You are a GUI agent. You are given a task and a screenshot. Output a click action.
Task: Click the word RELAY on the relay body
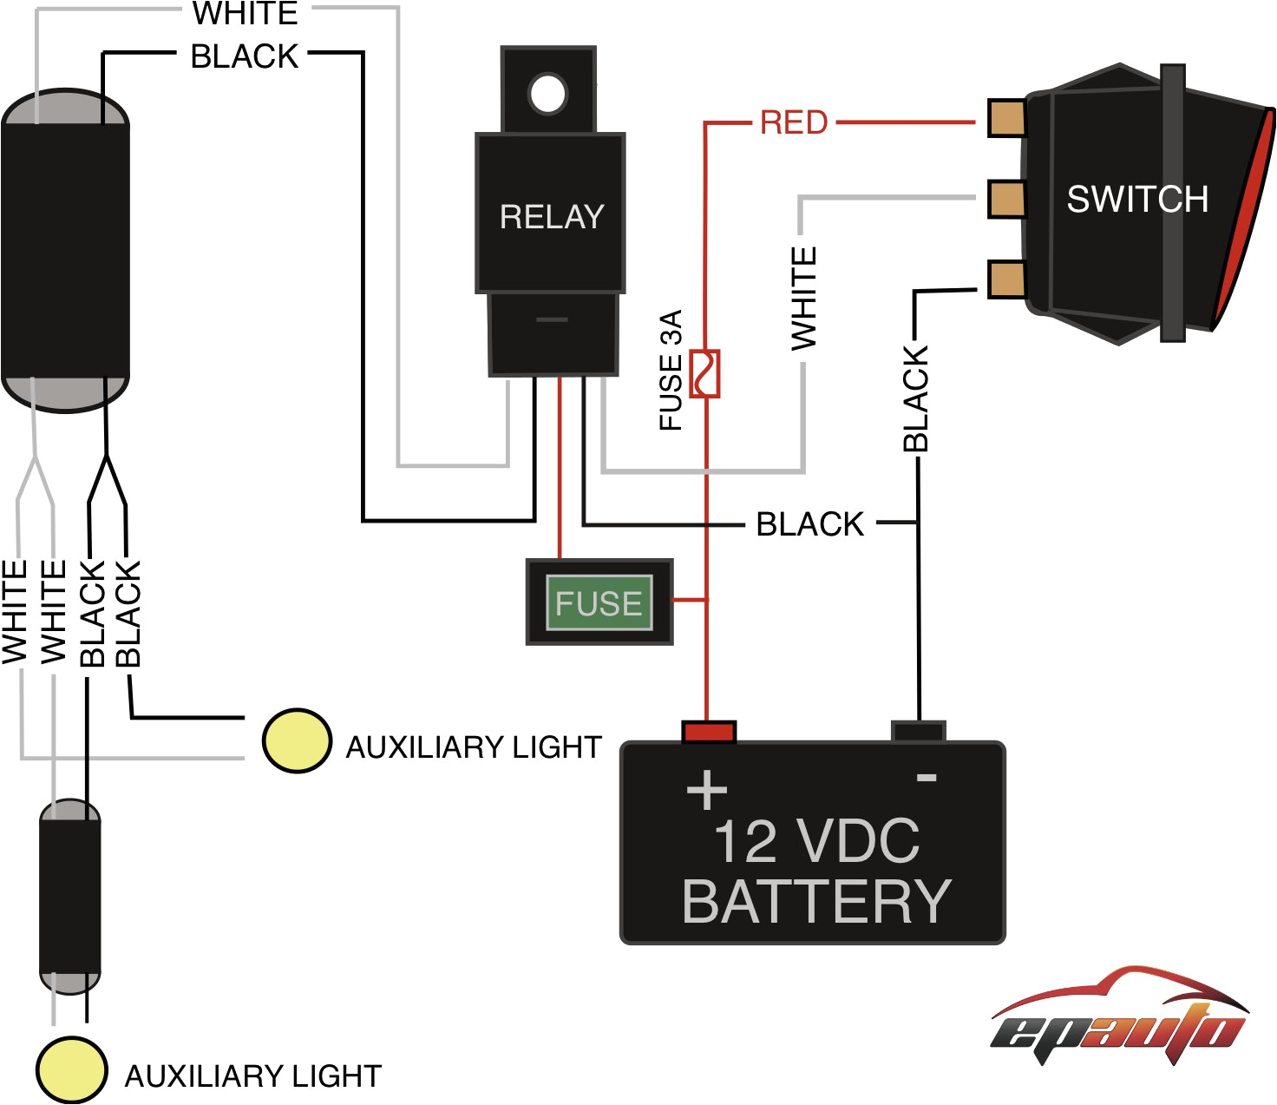[x=552, y=217]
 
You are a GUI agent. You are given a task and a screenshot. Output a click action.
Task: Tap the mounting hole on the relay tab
[x=548, y=95]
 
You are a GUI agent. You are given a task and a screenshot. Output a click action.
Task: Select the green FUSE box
[x=599, y=602]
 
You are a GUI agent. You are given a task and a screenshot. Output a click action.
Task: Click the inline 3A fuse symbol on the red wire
[x=705, y=373]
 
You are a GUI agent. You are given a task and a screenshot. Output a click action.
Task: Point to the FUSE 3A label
[x=671, y=370]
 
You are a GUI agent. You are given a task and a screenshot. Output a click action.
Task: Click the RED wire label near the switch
[x=794, y=122]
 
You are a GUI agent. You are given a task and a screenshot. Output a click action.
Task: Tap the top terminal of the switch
[x=1006, y=117]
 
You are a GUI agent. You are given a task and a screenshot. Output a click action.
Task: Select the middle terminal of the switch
[x=1006, y=199]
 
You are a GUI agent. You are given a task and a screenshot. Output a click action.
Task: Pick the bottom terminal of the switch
[x=1006, y=280]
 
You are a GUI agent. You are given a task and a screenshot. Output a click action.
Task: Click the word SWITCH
[x=1137, y=199]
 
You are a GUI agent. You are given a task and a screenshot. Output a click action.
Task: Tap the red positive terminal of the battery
[x=710, y=733]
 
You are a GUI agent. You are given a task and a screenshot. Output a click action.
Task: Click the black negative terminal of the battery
[x=919, y=732]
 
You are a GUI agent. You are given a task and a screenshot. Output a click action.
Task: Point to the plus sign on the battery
[x=707, y=789]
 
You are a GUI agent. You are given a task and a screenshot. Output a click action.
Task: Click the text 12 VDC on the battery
[x=816, y=841]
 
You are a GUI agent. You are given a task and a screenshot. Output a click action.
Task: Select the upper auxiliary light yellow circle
[x=297, y=740]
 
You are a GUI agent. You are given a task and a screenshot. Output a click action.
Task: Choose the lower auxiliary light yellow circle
[x=72, y=1069]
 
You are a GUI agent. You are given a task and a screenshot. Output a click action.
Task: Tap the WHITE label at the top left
[x=246, y=14]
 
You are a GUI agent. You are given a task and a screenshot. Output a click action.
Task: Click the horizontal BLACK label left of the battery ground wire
[x=810, y=524]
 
